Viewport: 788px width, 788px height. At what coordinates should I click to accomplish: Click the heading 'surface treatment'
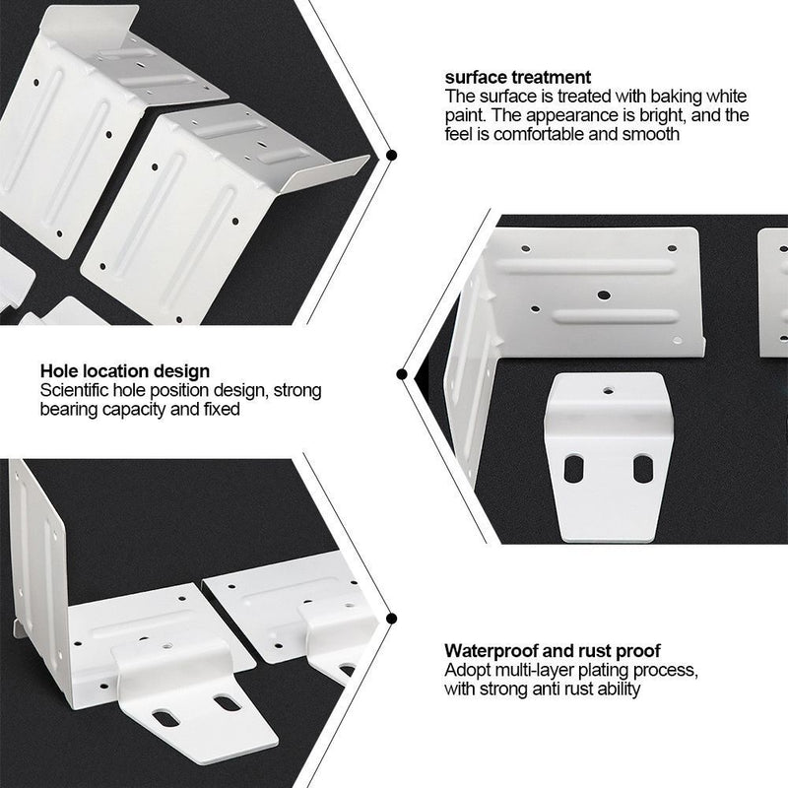pyautogui.click(x=518, y=78)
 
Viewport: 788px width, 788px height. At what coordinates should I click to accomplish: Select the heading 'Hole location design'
pyautogui.click(x=125, y=371)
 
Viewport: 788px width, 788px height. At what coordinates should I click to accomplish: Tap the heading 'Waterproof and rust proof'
pyautogui.click(x=552, y=651)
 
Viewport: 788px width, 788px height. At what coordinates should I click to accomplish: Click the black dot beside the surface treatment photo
pyautogui.click(x=390, y=155)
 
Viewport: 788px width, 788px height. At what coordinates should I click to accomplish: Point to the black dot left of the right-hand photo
pyautogui.click(x=402, y=374)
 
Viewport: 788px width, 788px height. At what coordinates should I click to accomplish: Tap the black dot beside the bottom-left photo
pyautogui.click(x=391, y=619)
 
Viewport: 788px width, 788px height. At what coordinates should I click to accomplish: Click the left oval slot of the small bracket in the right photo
pyautogui.click(x=573, y=469)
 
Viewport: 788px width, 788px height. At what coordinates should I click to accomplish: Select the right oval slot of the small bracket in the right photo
pyautogui.click(x=643, y=469)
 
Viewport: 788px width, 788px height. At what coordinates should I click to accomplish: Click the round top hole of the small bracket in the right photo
pyautogui.click(x=608, y=390)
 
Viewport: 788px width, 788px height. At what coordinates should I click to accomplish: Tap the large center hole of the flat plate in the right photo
pyautogui.click(x=605, y=295)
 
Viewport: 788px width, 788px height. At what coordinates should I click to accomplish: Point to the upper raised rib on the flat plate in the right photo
pyautogui.click(x=585, y=266)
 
